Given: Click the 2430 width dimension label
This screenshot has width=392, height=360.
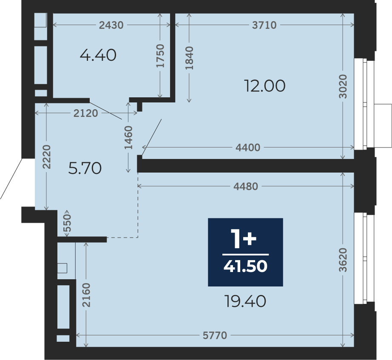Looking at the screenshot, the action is [x=111, y=25].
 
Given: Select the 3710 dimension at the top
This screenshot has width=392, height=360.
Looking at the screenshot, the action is [x=264, y=25].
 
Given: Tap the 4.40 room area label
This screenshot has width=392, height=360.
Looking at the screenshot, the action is [x=98, y=55].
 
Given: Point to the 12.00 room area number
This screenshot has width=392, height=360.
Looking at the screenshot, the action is [x=264, y=86].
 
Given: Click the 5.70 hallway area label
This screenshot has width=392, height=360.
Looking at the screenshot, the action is [x=85, y=168].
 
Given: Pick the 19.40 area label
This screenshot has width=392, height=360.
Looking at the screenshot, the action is [x=245, y=301].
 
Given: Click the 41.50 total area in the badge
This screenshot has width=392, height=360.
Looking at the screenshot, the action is [x=245, y=266].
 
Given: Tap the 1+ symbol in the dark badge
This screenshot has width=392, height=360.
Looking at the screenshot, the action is [x=244, y=239].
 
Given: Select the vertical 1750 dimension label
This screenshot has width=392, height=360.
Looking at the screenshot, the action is [x=160, y=56].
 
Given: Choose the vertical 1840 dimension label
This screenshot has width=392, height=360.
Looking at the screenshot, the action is [x=189, y=58].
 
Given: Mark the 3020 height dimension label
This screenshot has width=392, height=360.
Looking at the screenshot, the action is [x=343, y=87].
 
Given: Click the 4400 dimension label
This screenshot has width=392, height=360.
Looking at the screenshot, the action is [x=248, y=147].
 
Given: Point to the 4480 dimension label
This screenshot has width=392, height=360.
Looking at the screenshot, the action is [x=246, y=186].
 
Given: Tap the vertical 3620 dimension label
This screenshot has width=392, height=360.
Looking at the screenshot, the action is [x=343, y=260].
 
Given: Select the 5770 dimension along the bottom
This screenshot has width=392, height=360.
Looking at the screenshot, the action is [x=215, y=335].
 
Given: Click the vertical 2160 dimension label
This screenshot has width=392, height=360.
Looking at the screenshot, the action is [x=86, y=295].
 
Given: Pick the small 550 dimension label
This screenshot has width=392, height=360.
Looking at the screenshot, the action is [x=67, y=223].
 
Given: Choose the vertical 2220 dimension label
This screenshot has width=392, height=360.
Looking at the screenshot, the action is [x=46, y=157].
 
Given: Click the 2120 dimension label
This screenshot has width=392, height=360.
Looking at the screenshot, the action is [x=86, y=113].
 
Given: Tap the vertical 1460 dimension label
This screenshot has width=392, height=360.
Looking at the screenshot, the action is [x=128, y=138].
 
